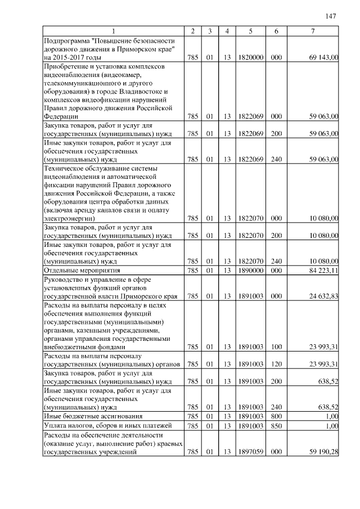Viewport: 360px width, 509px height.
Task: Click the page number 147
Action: click(331, 16)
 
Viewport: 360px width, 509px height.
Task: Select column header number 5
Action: click(250, 31)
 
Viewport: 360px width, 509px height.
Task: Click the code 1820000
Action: click(250, 57)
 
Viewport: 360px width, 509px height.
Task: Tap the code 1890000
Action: click(250, 270)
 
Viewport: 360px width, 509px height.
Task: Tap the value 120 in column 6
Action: click(276, 364)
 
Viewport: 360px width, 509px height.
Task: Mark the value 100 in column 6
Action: click(276, 347)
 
